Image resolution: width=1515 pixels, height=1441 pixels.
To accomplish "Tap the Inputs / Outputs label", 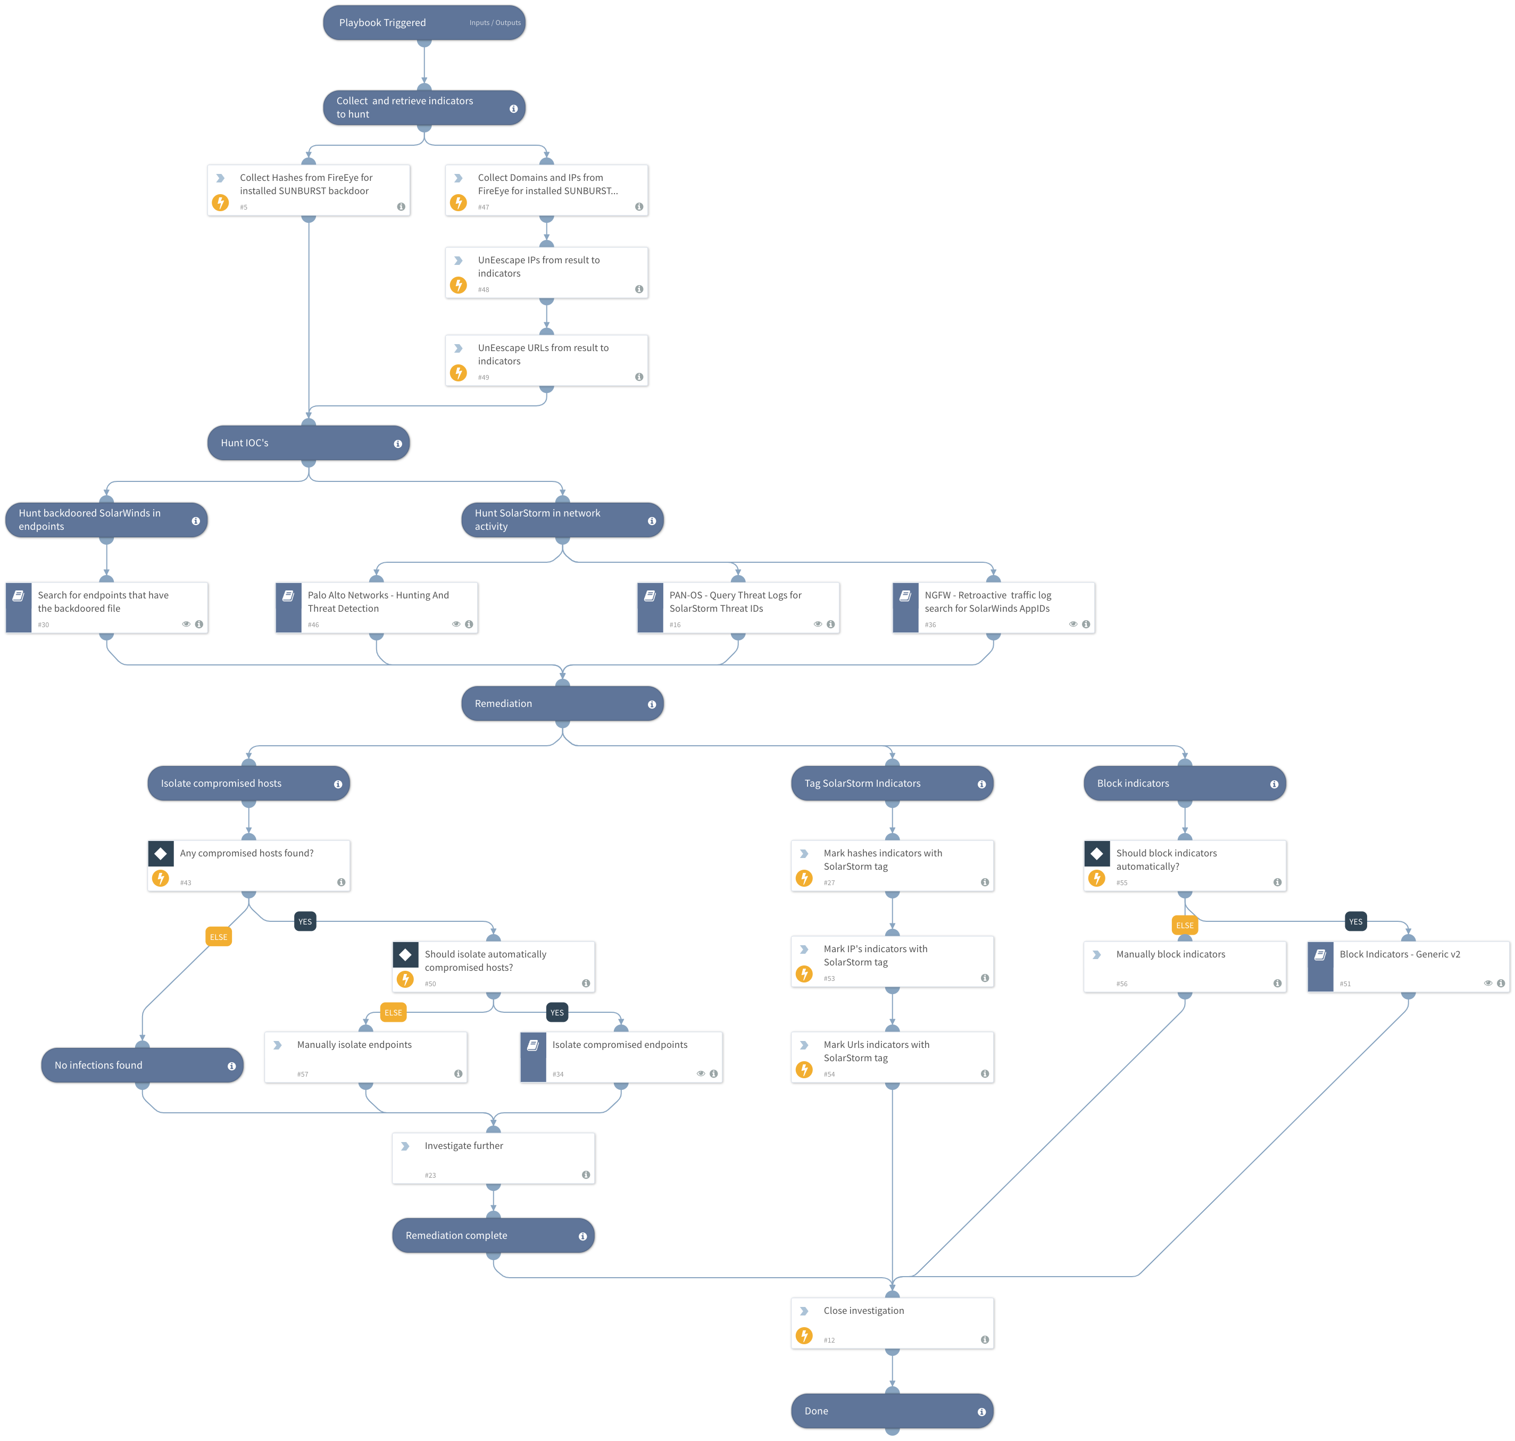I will pyautogui.click(x=495, y=23).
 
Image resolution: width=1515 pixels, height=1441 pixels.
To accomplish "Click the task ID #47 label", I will pyautogui.click(x=483, y=207).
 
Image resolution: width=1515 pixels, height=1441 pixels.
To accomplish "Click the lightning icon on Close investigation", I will pyautogui.click(x=804, y=1336).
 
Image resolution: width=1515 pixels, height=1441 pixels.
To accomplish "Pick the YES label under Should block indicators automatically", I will pyautogui.click(x=1355, y=922).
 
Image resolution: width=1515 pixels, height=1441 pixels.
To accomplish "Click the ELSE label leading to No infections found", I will pyautogui.click(x=218, y=937).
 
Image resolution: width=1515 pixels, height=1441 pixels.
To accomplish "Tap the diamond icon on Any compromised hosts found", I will pyautogui.click(x=161, y=853).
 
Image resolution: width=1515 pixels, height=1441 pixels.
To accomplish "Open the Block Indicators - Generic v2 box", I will pyautogui.click(x=1408, y=967).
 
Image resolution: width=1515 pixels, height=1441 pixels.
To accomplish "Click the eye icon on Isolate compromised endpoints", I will pyautogui.click(x=701, y=1074).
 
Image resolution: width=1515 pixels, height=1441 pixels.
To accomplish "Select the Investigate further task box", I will pyautogui.click(x=493, y=1157).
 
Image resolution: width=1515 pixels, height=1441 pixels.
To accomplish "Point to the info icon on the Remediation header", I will pyautogui.click(x=652, y=704).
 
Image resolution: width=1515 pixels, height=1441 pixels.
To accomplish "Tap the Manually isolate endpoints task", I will pyautogui.click(x=365, y=1057).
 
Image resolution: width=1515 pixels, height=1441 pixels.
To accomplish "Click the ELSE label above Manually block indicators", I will pyautogui.click(x=1184, y=926).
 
